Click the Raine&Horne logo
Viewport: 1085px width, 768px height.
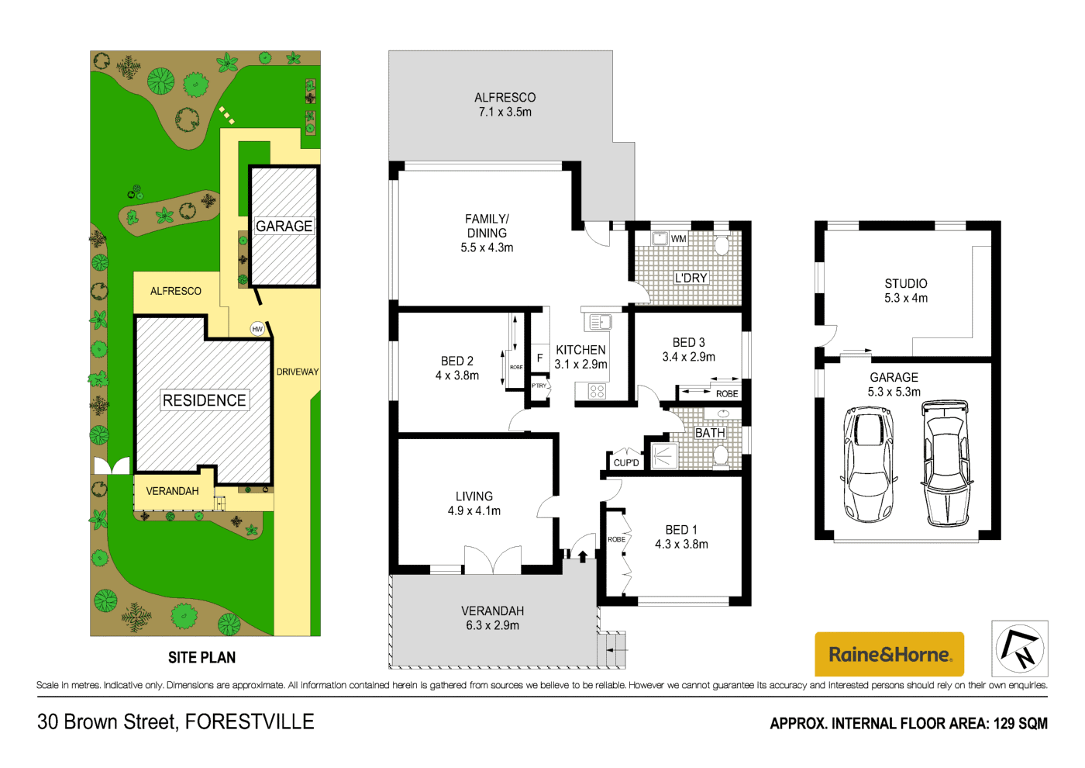[x=889, y=654]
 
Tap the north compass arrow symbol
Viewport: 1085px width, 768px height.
[x=1020, y=649]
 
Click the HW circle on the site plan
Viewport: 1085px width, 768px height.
[x=257, y=329]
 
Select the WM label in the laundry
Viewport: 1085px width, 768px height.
[x=679, y=239]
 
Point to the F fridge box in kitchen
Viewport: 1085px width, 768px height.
[x=539, y=358]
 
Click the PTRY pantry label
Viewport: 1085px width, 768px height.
[x=539, y=386]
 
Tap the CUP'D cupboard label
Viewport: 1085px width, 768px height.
[x=626, y=463]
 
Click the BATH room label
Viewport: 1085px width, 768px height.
[x=710, y=433]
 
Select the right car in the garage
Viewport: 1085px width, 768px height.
[x=946, y=463]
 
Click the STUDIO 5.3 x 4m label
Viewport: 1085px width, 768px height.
[x=906, y=291]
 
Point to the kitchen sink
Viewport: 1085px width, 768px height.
[x=598, y=321]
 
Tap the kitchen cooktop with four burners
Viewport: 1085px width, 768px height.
[x=597, y=392]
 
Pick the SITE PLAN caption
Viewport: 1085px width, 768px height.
[x=201, y=658]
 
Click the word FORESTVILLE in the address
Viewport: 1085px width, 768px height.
[x=250, y=722]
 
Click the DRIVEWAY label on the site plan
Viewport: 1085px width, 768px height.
[x=298, y=372]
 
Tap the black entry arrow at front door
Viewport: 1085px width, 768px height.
[x=583, y=555]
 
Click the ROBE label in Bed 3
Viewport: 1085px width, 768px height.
[x=727, y=394]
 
